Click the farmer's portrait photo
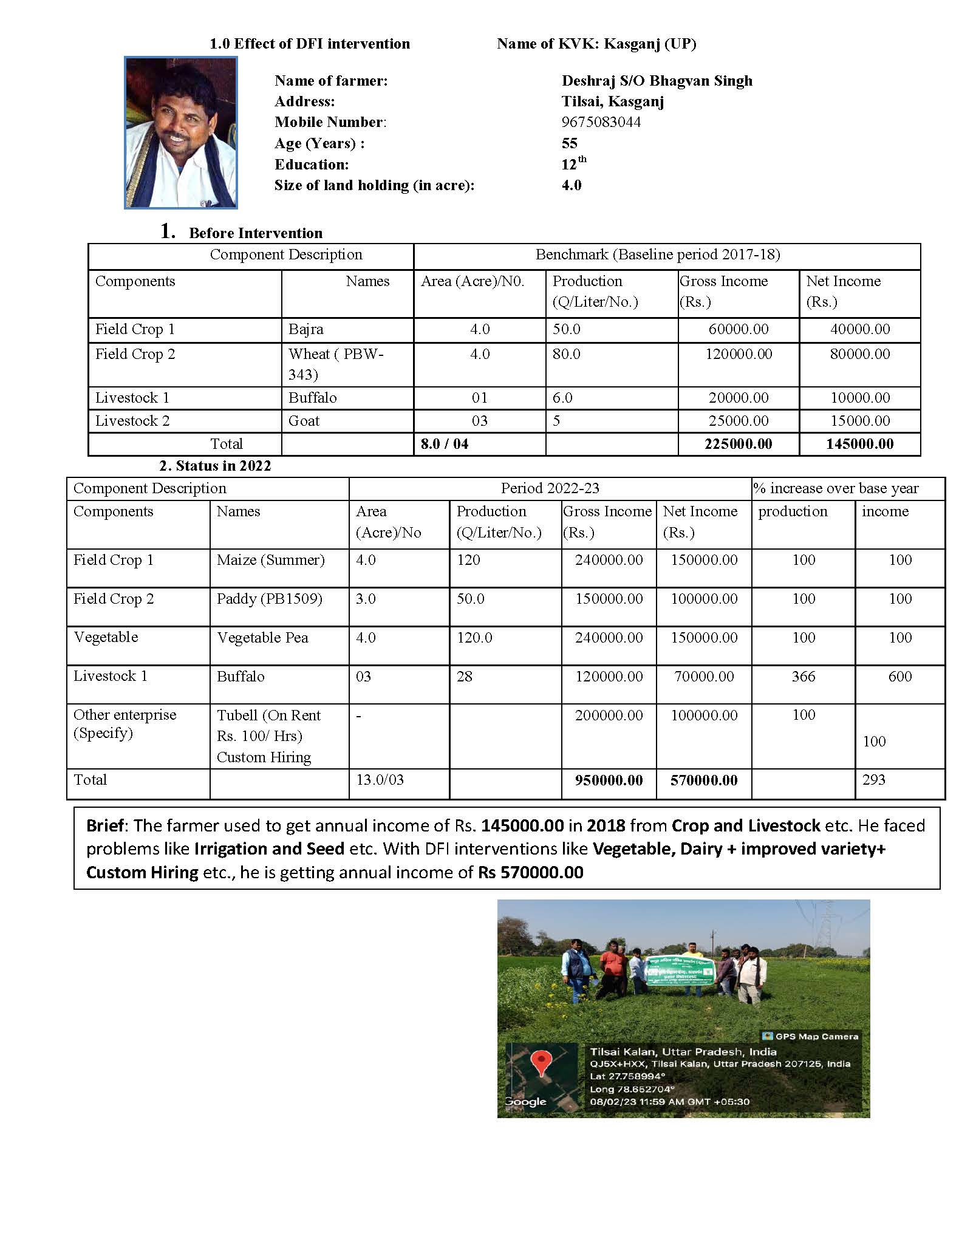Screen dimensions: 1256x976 pos(180,132)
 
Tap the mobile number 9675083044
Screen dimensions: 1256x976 pos(601,122)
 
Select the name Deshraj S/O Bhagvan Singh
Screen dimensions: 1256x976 pos(657,81)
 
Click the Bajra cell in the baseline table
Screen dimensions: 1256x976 pos(306,329)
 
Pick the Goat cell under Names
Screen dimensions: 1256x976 pos(304,421)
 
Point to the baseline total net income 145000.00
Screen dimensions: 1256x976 pos(859,444)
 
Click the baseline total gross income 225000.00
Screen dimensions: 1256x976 pos(738,444)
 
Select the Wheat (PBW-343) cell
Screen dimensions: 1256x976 pos(335,364)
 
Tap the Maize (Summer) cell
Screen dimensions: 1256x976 pos(270,560)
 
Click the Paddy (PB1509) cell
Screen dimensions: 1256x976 pos(269,599)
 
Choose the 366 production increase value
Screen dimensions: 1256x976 pos(803,677)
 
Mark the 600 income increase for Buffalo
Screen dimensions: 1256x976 pos(899,677)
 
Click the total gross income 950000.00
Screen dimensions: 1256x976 pos(609,780)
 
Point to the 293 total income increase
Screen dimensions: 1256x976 pos(873,780)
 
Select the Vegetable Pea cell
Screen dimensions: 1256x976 pos(262,638)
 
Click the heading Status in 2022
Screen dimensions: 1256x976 pos(215,466)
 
